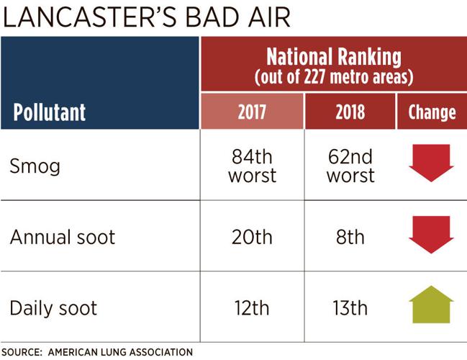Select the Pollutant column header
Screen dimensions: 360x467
point(49,112)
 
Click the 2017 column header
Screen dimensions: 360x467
point(252,112)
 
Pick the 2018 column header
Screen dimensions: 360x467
point(350,112)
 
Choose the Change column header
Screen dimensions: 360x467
point(432,112)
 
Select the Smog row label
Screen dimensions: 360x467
point(35,166)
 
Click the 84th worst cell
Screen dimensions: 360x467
point(252,166)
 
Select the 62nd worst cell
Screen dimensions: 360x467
point(350,166)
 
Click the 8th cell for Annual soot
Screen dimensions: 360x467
point(350,237)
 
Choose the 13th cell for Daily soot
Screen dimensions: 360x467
point(350,308)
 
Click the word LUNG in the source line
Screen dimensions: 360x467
point(114,352)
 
